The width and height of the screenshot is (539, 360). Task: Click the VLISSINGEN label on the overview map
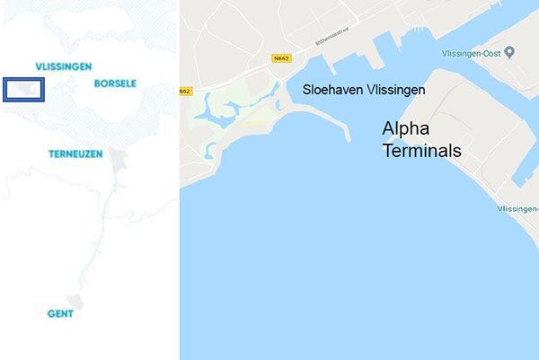click(x=63, y=66)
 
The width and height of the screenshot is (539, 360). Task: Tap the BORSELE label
click(x=115, y=83)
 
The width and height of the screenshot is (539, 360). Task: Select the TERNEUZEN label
click(x=80, y=154)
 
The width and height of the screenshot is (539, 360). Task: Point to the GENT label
click(x=61, y=314)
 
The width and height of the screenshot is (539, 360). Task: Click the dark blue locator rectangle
click(x=24, y=90)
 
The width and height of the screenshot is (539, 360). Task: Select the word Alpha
click(x=406, y=129)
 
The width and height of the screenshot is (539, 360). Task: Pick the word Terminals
click(x=421, y=151)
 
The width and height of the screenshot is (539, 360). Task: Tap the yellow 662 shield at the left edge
click(x=185, y=91)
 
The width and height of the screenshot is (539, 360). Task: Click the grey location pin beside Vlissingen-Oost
click(x=509, y=52)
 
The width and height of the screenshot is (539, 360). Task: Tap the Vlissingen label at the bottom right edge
click(x=517, y=208)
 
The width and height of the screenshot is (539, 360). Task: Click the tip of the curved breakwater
click(x=345, y=138)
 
